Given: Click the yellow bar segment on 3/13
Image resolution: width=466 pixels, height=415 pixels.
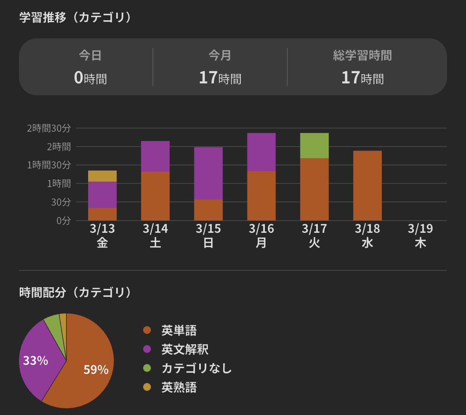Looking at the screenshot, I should [102, 176].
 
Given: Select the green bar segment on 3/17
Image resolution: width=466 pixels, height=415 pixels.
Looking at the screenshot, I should [314, 145].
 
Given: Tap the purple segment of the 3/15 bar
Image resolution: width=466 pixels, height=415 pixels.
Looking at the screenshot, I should [208, 173].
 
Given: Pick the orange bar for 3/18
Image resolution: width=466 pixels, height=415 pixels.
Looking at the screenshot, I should [367, 185].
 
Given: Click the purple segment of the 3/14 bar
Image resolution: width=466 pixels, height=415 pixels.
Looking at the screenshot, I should [155, 156].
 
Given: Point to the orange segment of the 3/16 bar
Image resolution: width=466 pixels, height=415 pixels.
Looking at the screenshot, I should [261, 196].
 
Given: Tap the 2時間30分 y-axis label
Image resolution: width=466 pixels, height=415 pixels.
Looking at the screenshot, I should [49, 128].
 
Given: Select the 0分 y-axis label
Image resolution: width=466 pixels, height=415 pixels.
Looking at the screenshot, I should [63, 221].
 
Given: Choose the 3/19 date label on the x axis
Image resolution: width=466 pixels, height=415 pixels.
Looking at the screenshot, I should [420, 229].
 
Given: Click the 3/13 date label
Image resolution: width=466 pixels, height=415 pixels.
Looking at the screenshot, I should [102, 229].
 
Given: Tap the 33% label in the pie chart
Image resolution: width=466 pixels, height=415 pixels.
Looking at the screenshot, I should [36, 360].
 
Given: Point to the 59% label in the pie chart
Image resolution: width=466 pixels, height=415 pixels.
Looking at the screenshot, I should [96, 370].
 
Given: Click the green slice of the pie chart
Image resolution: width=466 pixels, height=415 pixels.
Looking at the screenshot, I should [53, 323].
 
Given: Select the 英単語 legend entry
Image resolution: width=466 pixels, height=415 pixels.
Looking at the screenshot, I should [179, 330].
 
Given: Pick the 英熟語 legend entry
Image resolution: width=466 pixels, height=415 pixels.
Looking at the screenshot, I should [179, 387].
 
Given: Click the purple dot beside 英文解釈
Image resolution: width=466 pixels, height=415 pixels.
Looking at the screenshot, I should [147, 349].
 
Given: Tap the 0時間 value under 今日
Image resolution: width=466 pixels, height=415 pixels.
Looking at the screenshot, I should [90, 78].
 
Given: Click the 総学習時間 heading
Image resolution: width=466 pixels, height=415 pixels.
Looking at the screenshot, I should [362, 56].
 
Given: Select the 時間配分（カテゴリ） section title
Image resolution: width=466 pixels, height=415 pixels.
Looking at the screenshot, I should [75, 292].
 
